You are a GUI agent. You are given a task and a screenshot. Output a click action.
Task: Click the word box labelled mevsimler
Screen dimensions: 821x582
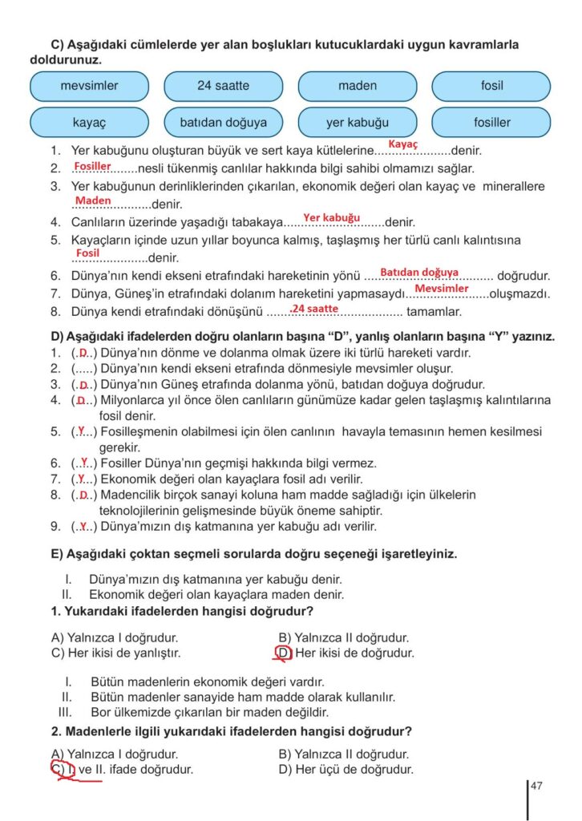[x=89, y=86]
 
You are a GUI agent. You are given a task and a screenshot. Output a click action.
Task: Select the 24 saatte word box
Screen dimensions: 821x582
[x=223, y=86]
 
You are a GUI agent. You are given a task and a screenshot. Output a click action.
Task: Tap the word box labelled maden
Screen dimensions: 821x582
[x=357, y=86]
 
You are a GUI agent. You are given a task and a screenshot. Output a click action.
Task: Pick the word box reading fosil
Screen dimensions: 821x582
[x=491, y=86]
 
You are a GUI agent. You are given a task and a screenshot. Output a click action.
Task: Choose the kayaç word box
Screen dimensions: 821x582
[x=89, y=123]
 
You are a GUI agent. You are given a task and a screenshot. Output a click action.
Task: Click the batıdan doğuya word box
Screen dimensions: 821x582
[x=223, y=123]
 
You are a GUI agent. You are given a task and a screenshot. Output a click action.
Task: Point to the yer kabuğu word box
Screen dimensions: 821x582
[x=357, y=123]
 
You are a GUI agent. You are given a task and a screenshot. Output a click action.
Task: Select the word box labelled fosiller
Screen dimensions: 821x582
[x=491, y=123]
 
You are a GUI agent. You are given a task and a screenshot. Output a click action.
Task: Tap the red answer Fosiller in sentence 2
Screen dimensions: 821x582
[x=92, y=166]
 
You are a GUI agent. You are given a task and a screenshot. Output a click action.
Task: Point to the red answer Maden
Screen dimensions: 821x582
[x=93, y=200]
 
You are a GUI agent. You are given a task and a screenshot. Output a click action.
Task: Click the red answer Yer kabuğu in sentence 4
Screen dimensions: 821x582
[x=331, y=218]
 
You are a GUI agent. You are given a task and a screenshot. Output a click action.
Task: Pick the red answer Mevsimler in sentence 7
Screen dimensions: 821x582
[x=441, y=289]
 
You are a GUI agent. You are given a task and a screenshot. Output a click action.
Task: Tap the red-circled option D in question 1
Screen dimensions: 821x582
[x=284, y=653]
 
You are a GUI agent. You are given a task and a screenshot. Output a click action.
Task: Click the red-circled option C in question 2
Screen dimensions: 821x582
[x=58, y=770]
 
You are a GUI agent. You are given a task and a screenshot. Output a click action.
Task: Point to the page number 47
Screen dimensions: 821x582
[x=536, y=787]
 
